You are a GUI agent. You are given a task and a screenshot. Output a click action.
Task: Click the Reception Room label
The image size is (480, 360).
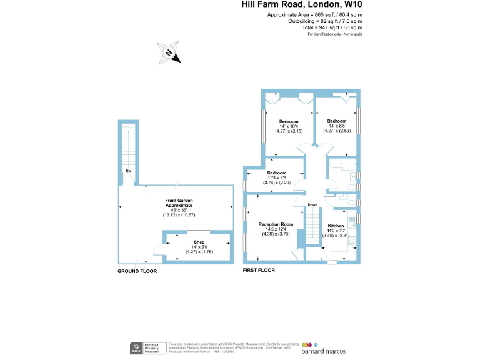click(x=278, y=224)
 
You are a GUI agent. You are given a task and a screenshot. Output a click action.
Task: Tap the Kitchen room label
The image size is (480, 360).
click(x=336, y=225)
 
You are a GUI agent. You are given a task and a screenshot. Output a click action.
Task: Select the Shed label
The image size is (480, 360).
click(x=199, y=241)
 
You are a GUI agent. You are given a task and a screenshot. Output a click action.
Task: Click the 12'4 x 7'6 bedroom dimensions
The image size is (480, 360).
click(x=276, y=178)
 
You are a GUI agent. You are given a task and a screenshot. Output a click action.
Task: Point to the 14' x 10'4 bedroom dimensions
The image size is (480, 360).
click(x=288, y=126)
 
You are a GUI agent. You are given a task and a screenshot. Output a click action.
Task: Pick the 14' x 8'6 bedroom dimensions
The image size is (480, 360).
click(x=336, y=126)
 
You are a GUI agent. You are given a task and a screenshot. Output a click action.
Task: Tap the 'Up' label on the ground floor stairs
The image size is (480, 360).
click(x=128, y=171)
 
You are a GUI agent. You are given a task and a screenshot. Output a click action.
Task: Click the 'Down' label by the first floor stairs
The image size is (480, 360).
click(x=312, y=205)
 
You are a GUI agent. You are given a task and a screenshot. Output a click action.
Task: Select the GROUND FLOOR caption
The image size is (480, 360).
click(x=137, y=272)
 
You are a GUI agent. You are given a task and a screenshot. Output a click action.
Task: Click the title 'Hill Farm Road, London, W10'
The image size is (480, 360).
click(x=302, y=4)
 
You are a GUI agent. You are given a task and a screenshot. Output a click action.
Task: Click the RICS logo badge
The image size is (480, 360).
click(x=134, y=347)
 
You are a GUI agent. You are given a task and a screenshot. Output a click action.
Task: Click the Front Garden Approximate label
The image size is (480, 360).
click(x=179, y=202)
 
